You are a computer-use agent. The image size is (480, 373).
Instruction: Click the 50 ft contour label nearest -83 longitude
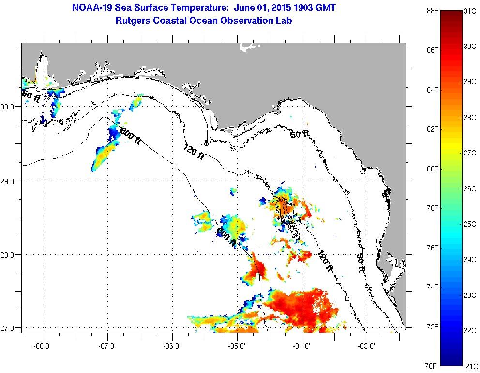coord(360,263)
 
